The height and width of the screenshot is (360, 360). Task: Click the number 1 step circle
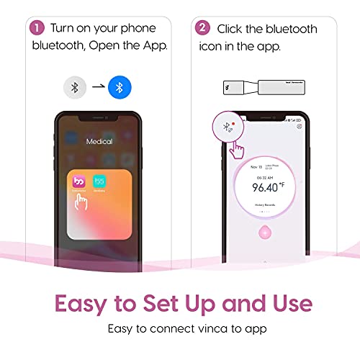pos(35,28)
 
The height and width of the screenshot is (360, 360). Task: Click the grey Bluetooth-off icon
pos(73,89)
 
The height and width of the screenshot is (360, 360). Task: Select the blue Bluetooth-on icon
pos(120,89)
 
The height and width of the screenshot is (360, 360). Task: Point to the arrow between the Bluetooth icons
pos(96,89)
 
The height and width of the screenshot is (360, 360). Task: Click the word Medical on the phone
pos(99,142)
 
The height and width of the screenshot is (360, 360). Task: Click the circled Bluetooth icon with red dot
pos(228,129)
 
